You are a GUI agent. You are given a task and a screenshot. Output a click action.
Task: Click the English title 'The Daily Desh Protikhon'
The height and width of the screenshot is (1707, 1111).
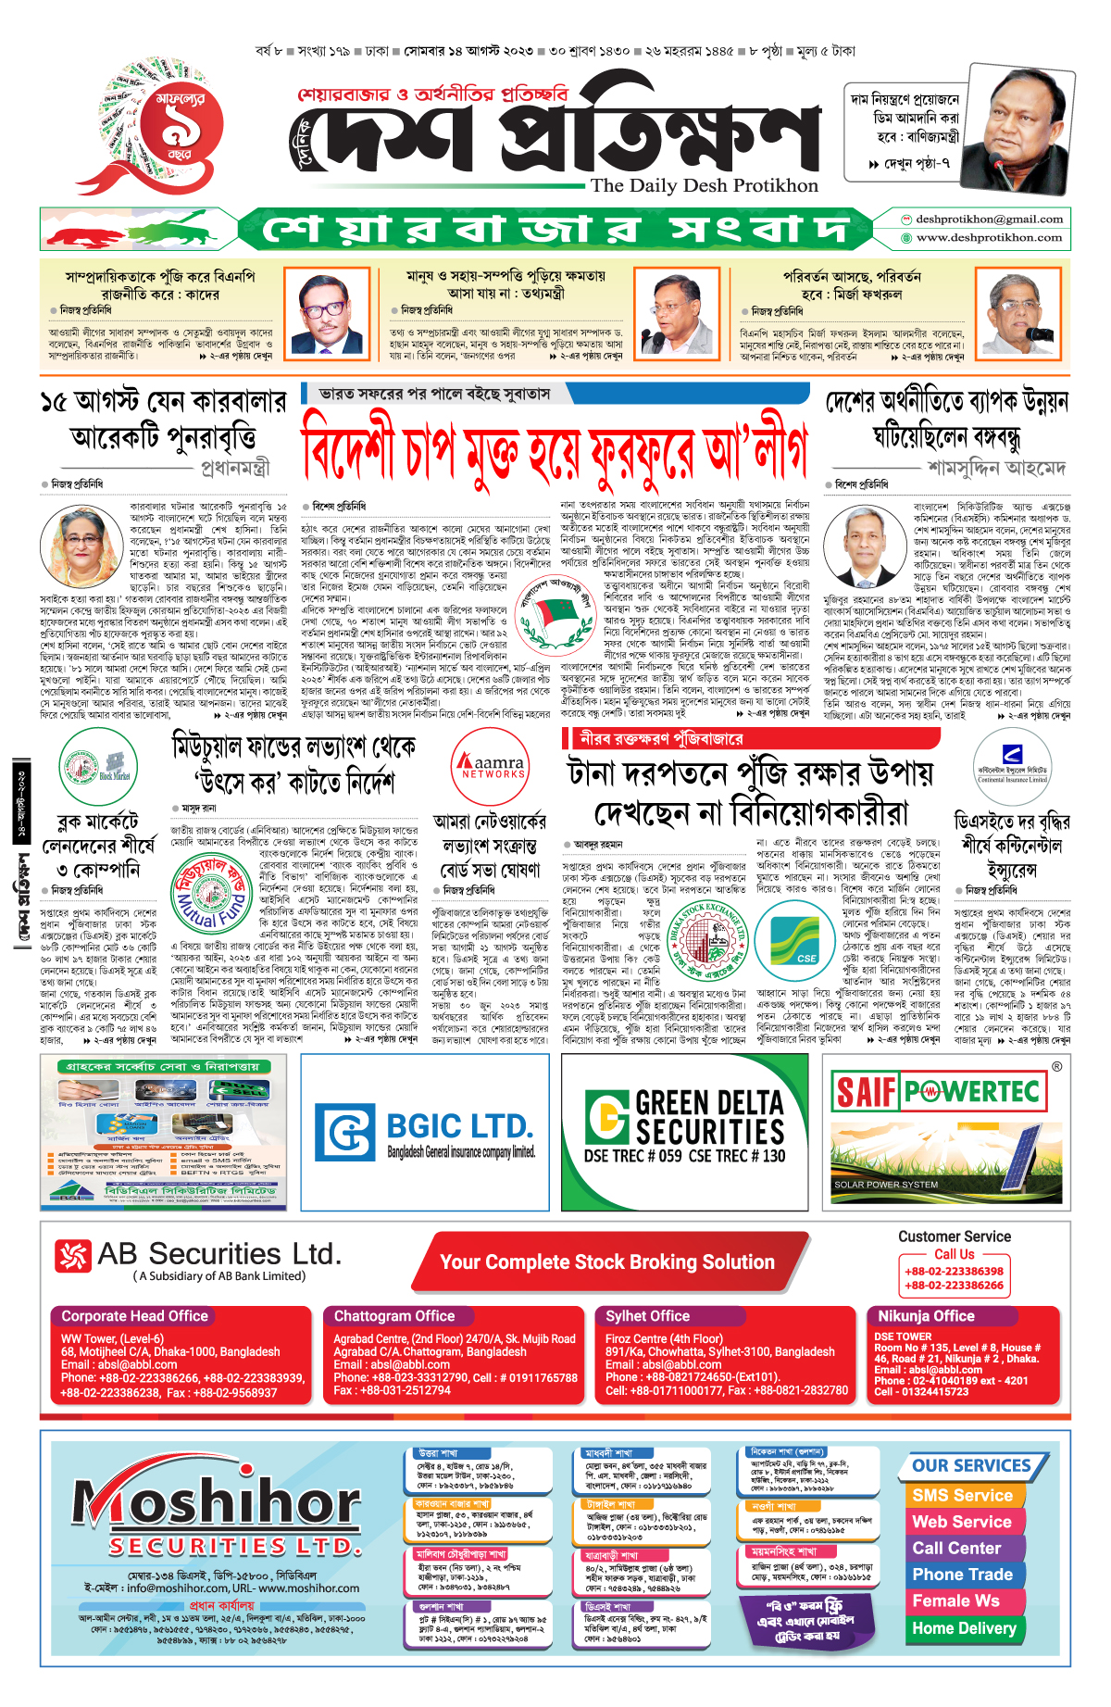[x=704, y=185]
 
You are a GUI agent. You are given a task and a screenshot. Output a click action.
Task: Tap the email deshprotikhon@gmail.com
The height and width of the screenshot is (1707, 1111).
[x=988, y=220]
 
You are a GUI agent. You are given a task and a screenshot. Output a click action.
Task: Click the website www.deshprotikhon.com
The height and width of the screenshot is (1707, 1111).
[x=988, y=238]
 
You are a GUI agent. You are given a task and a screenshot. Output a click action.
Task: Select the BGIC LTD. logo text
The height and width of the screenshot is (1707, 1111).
[x=458, y=1127]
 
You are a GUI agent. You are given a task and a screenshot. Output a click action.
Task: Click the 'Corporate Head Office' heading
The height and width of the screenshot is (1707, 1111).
[x=135, y=1316]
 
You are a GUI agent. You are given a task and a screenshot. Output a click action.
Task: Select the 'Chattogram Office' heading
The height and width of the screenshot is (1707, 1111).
[x=394, y=1316]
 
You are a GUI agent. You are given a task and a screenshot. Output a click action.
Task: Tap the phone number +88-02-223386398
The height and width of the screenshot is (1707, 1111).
[x=954, y=1272]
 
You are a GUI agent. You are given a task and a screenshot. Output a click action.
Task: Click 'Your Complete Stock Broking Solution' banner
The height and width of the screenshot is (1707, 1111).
[x=607, y=1262]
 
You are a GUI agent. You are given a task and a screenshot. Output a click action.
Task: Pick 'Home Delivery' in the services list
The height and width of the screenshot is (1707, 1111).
[x=964, y=1628]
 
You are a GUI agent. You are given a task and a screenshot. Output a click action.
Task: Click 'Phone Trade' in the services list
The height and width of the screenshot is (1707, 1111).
[x=962, y=1575]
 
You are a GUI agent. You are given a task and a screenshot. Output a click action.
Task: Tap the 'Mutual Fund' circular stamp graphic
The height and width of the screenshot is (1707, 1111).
[x=212, y=894]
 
